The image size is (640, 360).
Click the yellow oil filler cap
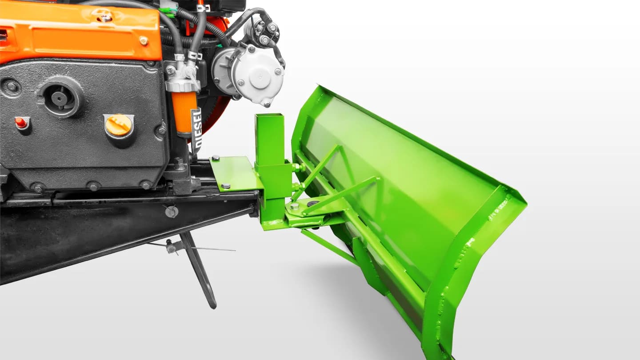[x=119, y=125]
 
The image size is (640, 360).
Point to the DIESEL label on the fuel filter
[x=196, y=128]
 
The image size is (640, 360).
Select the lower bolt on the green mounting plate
[x=226, y=186]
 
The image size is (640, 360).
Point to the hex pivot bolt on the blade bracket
[x=294, y=206]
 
